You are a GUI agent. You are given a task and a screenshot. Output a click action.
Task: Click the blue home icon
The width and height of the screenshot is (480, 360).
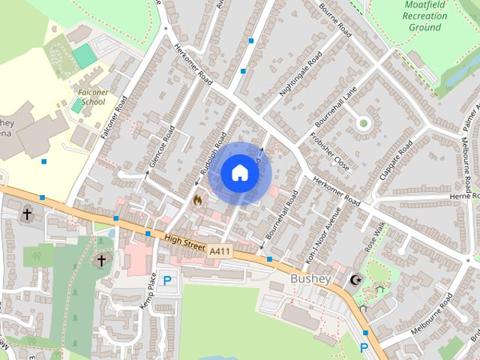point(239,172)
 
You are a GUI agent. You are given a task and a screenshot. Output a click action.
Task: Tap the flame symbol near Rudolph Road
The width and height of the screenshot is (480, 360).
point(198,199)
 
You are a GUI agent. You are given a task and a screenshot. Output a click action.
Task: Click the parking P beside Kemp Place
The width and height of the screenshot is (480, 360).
point(167,281)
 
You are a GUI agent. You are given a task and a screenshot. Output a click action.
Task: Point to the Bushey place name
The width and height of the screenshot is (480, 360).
point(310,279)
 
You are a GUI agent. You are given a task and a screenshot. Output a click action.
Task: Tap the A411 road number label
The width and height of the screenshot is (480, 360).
point(220,250)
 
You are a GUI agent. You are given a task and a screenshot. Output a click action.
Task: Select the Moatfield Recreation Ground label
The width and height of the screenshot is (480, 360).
point(424,16)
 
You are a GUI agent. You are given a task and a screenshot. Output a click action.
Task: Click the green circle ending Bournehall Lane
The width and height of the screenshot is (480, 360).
point(364,122)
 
